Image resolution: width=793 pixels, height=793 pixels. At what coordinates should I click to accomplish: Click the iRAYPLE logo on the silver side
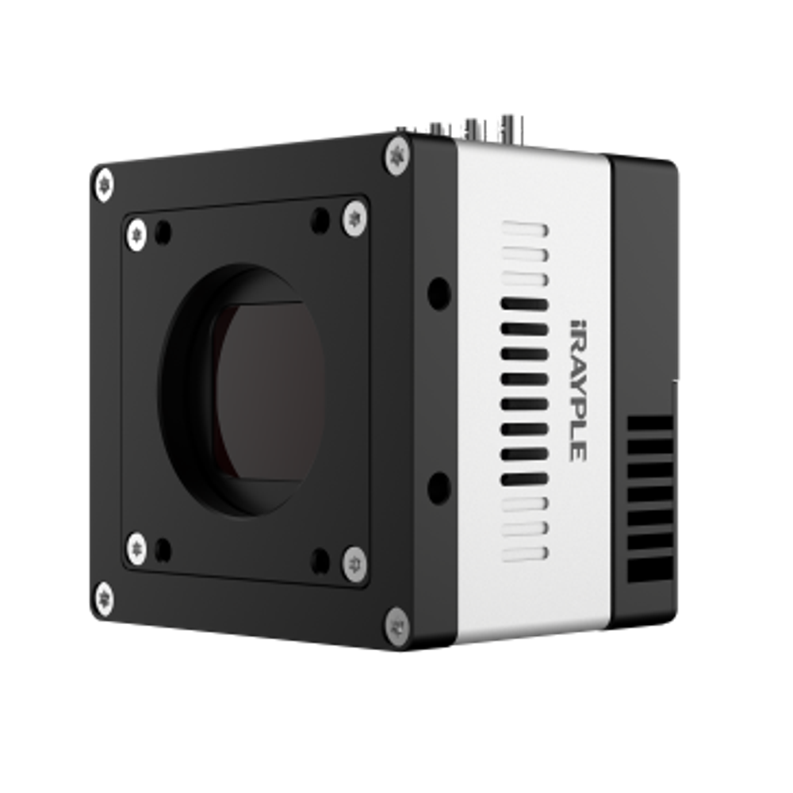pos(578,391)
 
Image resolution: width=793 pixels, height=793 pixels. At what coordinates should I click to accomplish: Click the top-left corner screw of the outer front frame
pos(105,186)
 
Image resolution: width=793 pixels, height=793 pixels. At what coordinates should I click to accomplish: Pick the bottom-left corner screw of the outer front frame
pos(104,600)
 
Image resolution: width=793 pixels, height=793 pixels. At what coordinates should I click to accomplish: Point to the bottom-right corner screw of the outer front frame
pos(397,627)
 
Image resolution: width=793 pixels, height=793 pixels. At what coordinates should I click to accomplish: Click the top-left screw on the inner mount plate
pos(136,236)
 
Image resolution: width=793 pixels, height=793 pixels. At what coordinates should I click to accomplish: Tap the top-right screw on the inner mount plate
pos(354,218)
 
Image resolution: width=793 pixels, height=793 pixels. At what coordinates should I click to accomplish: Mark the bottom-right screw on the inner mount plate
pos(354,565)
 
